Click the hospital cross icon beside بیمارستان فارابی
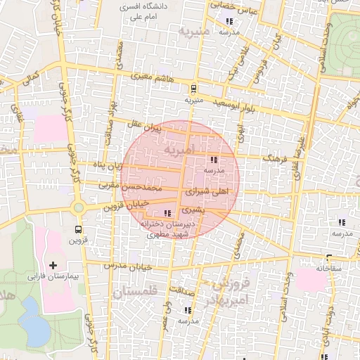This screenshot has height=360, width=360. (x=53, y=265)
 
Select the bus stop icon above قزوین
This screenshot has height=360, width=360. (x=78, y=229)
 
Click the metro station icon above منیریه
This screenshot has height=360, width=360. (x=193, y=89)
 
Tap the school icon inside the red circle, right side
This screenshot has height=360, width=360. (x=213, y=160)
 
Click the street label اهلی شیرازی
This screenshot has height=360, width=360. (x=207, y=191)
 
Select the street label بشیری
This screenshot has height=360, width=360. (x=194, y=210)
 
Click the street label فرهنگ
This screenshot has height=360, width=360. (x=275, y=160)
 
